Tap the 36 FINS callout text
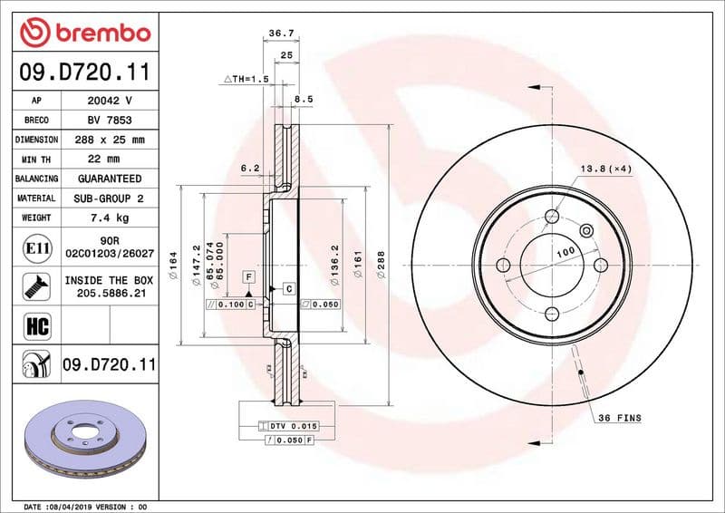click(x=619, y=418)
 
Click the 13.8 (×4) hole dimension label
click(x=604, y=169)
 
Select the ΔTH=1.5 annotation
click(x=247, y=80)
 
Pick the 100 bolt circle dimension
click(x=565, y=251)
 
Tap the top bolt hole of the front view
click(x=552, y=216)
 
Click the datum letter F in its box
click(x=246, y=275)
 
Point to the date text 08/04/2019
click(x=71, y=506)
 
